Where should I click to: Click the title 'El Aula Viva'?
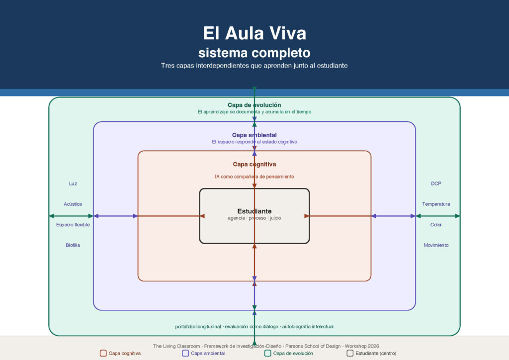(254, 33)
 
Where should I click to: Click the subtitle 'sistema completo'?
(254, 53)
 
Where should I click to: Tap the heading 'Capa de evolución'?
(254, 105)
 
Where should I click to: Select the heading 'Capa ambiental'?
(254, 135)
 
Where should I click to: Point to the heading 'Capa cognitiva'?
(254, 164)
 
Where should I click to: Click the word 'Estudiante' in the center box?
(254, 211)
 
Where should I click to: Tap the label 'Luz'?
(73, 184)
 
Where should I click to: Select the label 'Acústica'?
(73, 204)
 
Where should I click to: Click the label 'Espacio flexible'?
(73, 225)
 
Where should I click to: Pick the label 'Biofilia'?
(73, 245)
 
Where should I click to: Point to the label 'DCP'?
(436, 184)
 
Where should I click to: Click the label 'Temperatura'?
(436, 204)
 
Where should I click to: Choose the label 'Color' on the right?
(436, 225)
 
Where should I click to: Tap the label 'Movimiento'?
(436, 245)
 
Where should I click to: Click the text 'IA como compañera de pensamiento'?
(254, 177)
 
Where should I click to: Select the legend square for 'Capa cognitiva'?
(103, 353)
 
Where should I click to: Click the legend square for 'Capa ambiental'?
(185, 353)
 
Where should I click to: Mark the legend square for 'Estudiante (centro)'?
(350, 353)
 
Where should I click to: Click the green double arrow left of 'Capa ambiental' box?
(71, 216)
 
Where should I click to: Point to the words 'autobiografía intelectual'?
(308, 327)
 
